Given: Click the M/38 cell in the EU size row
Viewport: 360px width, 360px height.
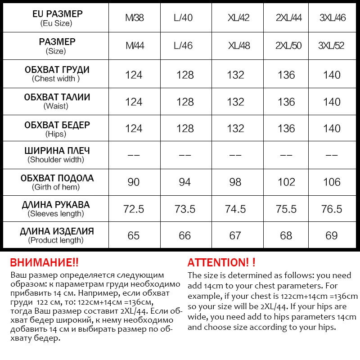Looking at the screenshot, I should click(x=135, y=18).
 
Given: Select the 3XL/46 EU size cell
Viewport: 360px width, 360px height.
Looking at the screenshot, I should click(x=332, y=18).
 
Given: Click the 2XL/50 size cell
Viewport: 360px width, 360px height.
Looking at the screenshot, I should click(x=288, y=46).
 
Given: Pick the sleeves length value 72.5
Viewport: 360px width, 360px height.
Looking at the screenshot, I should click(x=134, y=209).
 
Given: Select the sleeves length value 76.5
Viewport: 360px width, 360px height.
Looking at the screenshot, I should click(x=332, y=209).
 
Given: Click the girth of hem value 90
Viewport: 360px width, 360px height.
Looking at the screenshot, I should click(x=134, y=182).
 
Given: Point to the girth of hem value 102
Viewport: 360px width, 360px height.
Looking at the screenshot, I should click(x=287, y=182).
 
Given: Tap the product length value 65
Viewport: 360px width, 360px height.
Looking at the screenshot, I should click(x=134, y=236).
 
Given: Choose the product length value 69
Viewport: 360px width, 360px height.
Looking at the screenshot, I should click(x=332, y=236).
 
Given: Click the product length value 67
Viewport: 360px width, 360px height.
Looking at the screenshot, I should click(x=236, y=236).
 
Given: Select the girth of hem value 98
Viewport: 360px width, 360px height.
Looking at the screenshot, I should click(x=236, y=182).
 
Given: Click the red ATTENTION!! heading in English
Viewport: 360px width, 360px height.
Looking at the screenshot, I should click(x=221, y=263).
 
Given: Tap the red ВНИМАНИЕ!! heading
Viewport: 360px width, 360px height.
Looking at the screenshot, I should click(x=44, y=263).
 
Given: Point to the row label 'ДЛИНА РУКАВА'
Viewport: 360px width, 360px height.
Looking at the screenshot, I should click(x=56, y=205).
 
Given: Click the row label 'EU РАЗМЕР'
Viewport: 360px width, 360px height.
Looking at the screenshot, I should click(x=56, y=14).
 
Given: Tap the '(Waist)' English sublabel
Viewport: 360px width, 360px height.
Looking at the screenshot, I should click(x=56, y=106).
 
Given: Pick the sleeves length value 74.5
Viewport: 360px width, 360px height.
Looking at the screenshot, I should click(x=236, y=209).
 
